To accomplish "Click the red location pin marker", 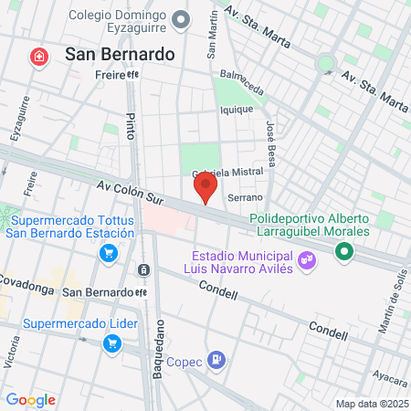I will [x=205, y=188].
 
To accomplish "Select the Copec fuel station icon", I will [x=216, y=360].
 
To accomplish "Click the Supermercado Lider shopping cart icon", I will [x=112, y=343].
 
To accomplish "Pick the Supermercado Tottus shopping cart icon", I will [x=110, y=253].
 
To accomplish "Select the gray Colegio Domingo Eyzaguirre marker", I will [x=182, y=19].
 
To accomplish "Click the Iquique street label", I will [x=236, y=110].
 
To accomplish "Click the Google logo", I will [x=30, y=400].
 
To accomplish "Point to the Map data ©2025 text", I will [x=371, y=404].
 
